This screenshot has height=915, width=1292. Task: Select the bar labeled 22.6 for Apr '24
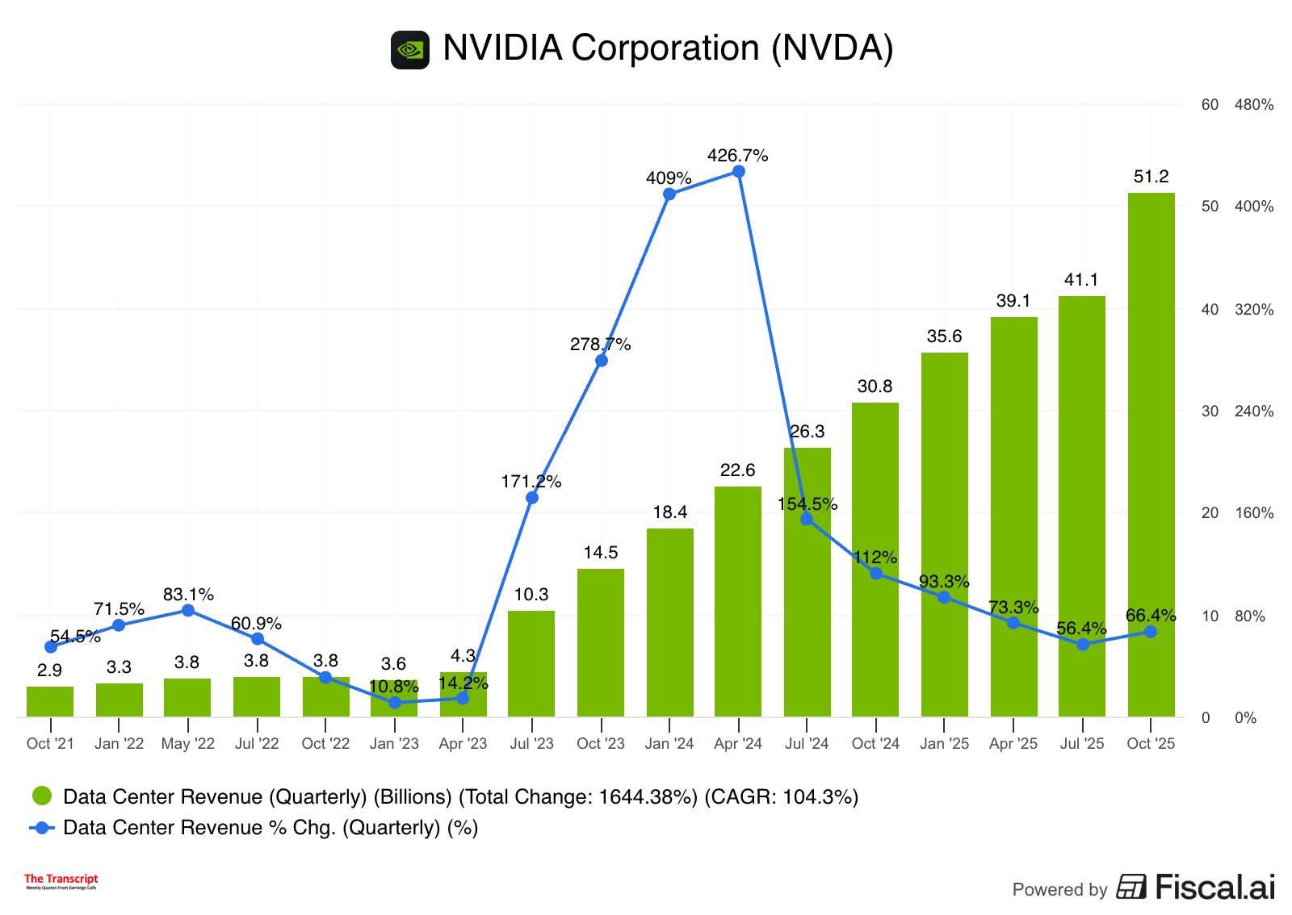737,601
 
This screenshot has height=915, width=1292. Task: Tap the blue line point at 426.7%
738,172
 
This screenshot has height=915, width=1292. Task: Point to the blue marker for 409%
669,194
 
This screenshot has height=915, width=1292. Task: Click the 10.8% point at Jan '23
394,703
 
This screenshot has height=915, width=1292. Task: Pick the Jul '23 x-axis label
531,743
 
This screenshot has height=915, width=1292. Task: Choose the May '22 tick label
187,743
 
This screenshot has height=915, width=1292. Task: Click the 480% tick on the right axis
1253,105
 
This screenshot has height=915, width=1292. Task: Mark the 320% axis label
1253,310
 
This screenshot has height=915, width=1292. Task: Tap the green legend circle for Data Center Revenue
42,796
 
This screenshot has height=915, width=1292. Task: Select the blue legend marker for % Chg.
42,828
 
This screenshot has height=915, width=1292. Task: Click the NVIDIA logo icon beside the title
410,50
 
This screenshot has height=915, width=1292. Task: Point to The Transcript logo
61,881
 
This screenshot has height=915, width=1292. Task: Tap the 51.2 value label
1151,177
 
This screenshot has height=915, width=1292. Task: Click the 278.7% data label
600,345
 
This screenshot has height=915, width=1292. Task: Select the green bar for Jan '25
944,534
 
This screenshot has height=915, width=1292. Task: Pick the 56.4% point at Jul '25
1082,644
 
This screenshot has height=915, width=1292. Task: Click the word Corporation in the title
665,48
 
